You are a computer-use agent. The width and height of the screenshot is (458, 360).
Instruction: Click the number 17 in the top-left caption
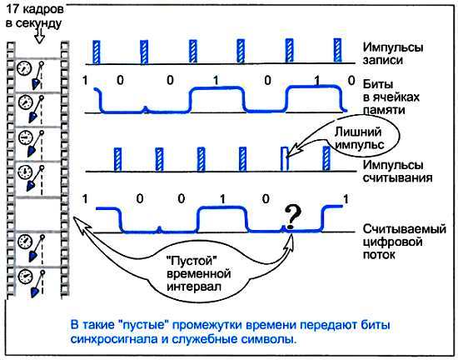(12, 9)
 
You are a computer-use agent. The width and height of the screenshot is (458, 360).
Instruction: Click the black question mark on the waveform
(291, 217)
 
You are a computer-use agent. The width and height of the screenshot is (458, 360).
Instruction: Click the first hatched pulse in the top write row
(96, 49)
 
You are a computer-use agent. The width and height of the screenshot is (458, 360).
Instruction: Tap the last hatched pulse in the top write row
(337, 49)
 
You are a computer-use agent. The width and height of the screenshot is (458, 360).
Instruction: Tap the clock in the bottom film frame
(26, 274)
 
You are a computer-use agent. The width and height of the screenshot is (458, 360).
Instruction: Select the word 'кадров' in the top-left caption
(42, 9)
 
